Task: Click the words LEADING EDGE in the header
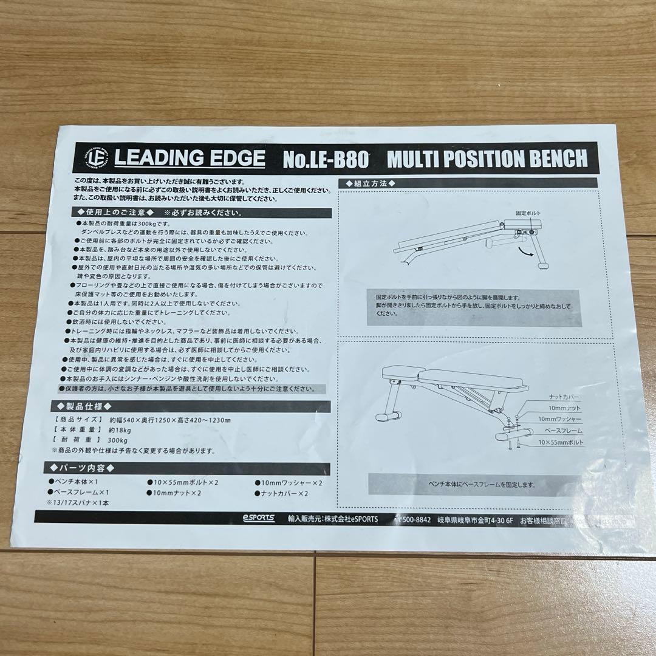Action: coord(190,159)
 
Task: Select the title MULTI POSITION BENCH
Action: coord(487,159)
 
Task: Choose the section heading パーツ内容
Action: coord(85,468)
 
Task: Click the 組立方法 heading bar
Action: coord(371,183)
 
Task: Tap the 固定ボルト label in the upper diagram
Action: coord(528,214)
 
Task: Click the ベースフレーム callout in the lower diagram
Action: coord(564,430)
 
